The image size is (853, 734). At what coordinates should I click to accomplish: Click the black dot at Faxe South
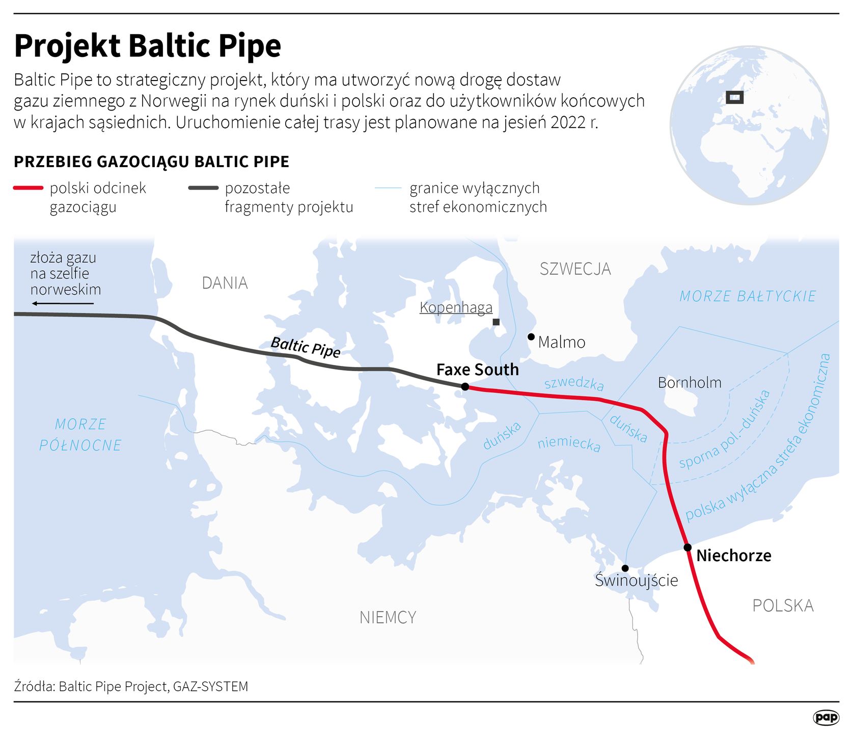point(465,387)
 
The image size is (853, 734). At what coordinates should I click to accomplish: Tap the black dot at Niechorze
point(687,547)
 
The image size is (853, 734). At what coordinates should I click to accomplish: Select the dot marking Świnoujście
point(625,568)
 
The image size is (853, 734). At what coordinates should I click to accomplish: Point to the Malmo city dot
point(531,337)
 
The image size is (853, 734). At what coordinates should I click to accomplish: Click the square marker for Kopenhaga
point(496,322)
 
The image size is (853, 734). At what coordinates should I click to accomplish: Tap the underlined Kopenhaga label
point(456,307)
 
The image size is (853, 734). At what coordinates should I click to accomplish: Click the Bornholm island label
point(690,382)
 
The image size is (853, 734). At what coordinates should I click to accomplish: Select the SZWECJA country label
point(575,269)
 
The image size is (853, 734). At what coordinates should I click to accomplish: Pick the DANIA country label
point(225,283)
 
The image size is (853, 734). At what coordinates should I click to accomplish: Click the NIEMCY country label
point(388,617)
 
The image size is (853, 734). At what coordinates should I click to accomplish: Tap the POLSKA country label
point(783,606)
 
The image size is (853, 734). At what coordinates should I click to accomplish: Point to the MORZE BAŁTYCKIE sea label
point(748,296)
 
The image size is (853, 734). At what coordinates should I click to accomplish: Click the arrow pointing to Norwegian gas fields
point(63,304)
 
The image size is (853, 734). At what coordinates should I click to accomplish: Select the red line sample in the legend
point(28,188)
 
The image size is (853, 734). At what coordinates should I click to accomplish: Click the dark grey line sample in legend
point(203,188)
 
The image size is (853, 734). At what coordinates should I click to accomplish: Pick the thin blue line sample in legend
point(388,188)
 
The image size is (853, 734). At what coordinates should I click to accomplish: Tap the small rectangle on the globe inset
point(734,97)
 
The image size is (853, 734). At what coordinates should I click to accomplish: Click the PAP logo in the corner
point(826,718)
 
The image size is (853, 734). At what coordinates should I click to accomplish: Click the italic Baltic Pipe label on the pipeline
point(306,347)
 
